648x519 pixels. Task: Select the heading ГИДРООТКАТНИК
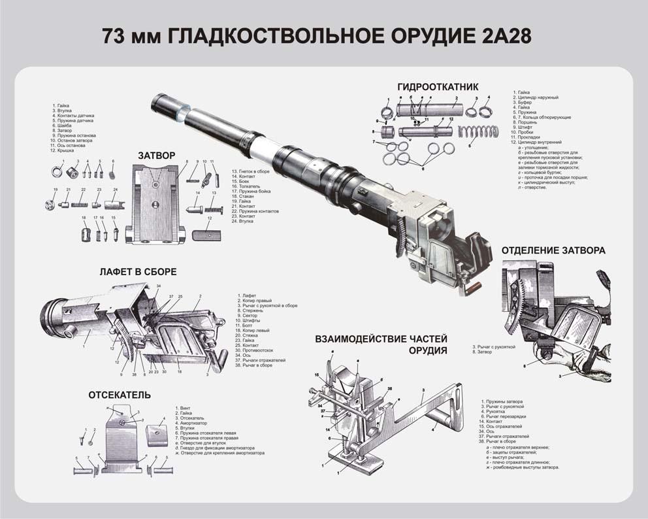(438, 86)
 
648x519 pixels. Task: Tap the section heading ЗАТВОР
(157, 156)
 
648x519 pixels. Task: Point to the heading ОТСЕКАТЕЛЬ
(120, 395)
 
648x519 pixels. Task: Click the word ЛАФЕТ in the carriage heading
(121, 271)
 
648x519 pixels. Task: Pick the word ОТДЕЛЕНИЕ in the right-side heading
(535, 250)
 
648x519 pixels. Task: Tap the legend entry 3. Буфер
(525, 102)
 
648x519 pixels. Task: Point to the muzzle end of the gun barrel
(159, 101)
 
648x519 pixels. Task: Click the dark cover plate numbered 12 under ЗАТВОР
(207, 233)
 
